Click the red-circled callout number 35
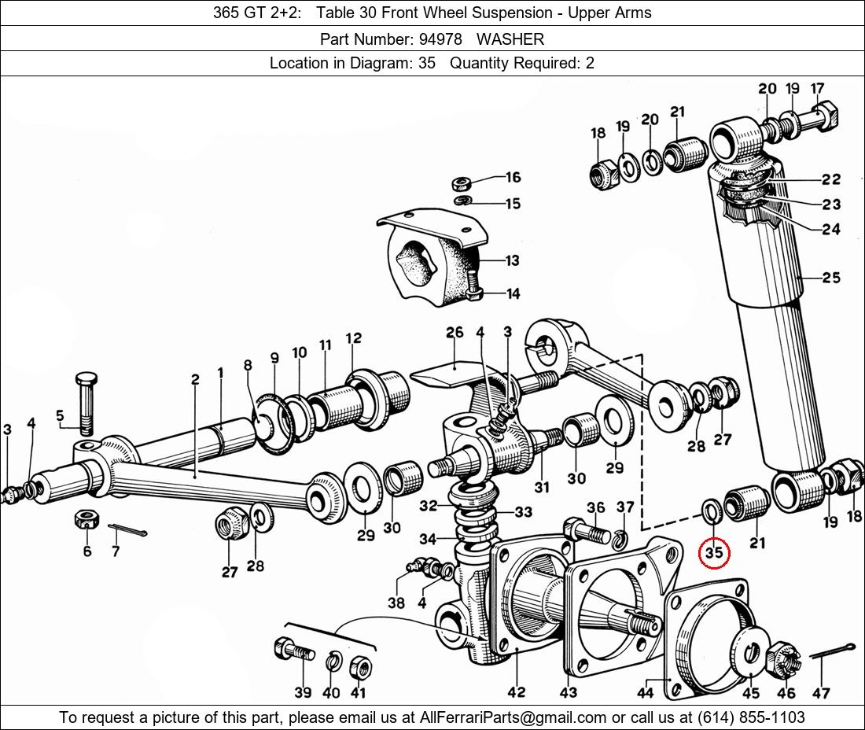[x=714, y=553]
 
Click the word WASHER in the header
[x=510, y=39]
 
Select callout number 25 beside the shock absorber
[x=831, y=277]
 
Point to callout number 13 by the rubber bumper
[x=512, y=260]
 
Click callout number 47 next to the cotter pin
[x=821, y=692]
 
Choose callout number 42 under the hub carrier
[x=516, y=692]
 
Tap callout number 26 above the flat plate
[x=455, y=333]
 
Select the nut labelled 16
[x=462, y=185]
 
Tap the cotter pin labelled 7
[x=128, y=531]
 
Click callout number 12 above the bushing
[x=353, y=338]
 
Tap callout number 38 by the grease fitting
[x=396, y=603]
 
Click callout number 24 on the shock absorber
[x=831, y=229]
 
